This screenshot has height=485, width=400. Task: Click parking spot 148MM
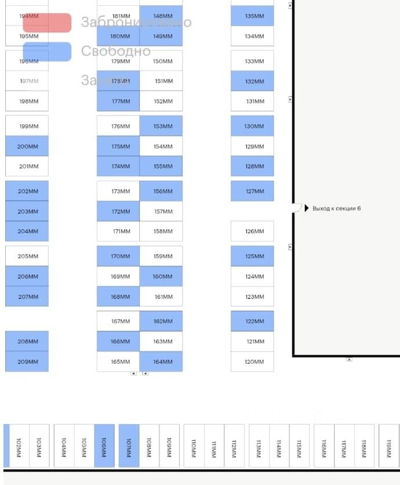coord(161,16)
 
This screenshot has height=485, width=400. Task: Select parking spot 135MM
coord(252,16)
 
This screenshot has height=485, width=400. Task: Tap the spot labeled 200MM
coord(27,146)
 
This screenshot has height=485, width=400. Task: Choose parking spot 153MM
coord(161,126)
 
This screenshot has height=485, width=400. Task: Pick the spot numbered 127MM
coord(252,191)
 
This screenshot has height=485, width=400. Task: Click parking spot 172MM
coord(118,211)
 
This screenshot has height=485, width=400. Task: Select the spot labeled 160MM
coord(161,276)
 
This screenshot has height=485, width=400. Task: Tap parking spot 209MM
coord(27,361)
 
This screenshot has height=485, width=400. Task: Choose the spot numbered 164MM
coord(161,361)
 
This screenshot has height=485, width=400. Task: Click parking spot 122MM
coord(252,321)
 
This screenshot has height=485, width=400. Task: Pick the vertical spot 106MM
coord(104,446)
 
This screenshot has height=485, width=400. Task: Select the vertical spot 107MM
coord(129,446)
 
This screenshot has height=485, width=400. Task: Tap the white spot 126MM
coord(252,231)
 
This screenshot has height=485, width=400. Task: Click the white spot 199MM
coord(27,126)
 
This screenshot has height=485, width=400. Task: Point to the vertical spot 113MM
coord(259,446)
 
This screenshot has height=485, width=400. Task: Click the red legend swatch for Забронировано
coord(47,23)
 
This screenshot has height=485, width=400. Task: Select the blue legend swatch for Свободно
coord(47,52)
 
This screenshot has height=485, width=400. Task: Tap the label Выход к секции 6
coord(336,208)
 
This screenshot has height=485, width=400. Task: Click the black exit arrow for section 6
coord(307,208)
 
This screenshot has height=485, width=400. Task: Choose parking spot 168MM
coord(118,296)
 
